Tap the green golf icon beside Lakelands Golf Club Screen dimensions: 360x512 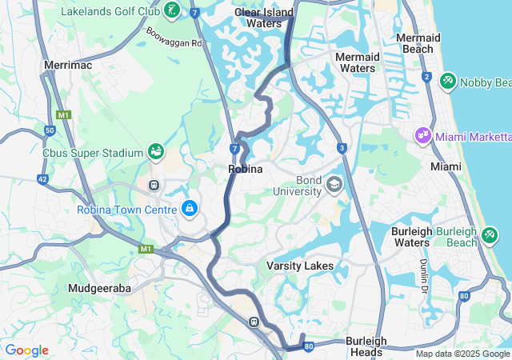click(171, 10)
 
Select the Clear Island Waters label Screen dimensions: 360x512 click(264, 18)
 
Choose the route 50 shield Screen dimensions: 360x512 click(50, 130)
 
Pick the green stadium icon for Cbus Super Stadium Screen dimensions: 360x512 click(156, 151)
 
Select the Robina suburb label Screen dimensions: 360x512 click(246, 169)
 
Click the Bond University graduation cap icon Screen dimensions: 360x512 click(334, 186)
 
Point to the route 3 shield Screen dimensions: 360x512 click(342, 148)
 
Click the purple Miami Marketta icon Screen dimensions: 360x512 click(422, 137)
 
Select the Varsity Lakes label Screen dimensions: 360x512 click(300, 265)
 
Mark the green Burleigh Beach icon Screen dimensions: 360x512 click(490, 236)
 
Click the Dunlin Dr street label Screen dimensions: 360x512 click(424, 274)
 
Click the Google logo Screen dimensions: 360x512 click(26, 350)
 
